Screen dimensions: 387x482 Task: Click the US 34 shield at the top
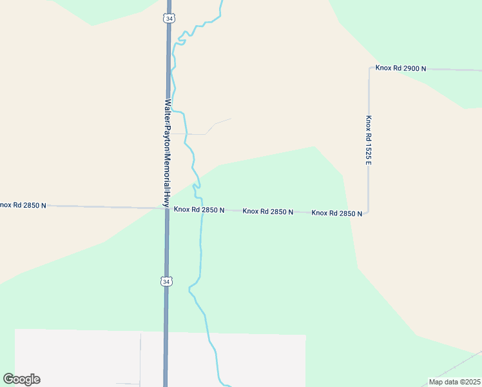tap(168, 19)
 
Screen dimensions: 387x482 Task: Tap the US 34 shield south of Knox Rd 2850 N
tap(166, 281)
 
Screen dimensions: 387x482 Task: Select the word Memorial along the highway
tap(167, 170)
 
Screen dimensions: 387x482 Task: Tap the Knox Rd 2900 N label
tap(401, 68)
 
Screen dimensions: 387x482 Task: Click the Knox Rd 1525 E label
tap(369, 139)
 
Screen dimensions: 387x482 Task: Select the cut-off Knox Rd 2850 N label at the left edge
tap(23, 205)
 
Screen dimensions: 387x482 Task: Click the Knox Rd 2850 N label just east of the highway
tap(199, 210)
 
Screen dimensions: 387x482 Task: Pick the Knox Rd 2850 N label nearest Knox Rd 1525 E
tap(336, 213)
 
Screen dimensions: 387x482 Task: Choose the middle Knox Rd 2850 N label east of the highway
tap(268, 212)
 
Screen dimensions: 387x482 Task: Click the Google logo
tap(21, 379)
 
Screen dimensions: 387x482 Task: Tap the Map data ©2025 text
tap(454, 382)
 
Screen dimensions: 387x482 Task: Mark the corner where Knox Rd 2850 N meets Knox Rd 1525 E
tap(367, 212)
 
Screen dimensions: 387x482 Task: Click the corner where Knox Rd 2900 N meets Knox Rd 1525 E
tap(369, 67)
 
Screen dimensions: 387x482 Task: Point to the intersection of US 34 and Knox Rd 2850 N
tap(167, 208)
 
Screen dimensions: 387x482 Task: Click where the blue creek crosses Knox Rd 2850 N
tap(202, 210)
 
